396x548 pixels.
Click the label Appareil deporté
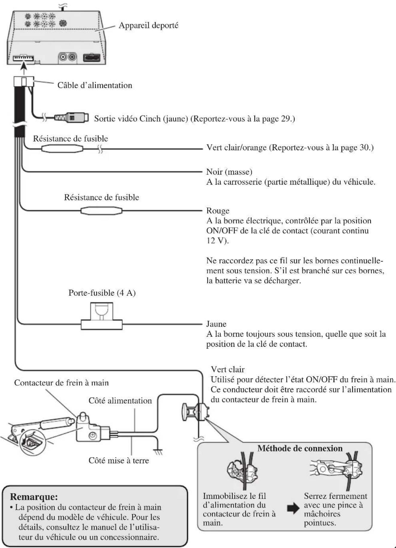coord(148,25)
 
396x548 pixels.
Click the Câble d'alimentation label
coord(95,85)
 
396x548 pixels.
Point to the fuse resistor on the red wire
coord(101,211)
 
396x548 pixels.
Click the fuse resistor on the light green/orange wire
coord(62,149)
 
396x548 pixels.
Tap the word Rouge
coord(218,211)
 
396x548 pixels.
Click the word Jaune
coord(216,324)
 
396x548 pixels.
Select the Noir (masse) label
coord(229,172)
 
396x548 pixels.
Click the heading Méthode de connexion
coord(300,448)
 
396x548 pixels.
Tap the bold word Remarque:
coord(34,497)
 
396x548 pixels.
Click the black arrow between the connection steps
coord(293,508)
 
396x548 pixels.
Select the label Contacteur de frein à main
coord(61,383)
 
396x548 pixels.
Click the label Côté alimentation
coord(120,401)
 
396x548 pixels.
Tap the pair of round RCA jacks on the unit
coord(67,57)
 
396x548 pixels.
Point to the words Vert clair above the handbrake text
coord(227,369)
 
